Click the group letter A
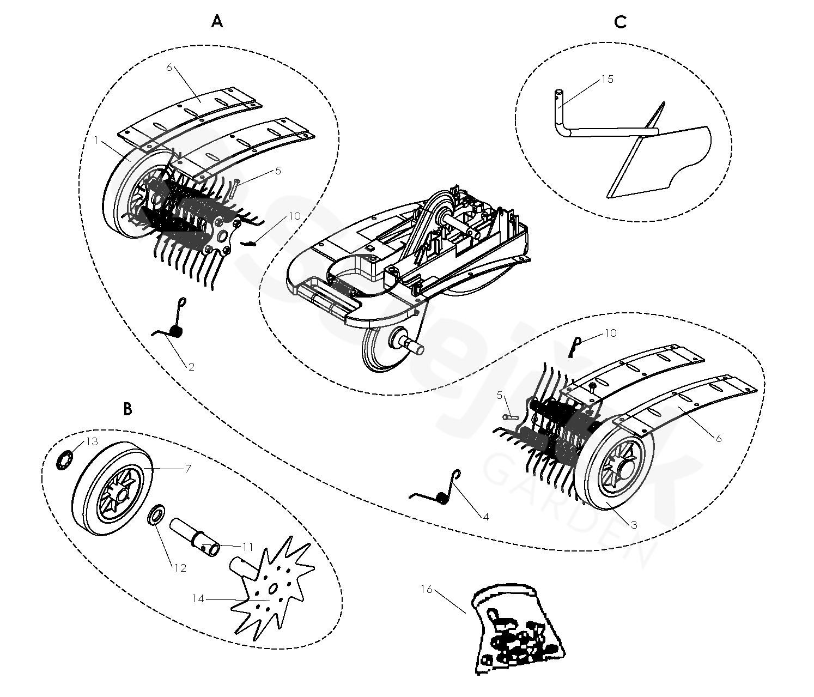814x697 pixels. [x=217, y=22]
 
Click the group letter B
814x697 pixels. [x=127, y=409]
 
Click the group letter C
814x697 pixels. [x=620, y=22]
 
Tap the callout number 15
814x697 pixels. [x=608, y=79]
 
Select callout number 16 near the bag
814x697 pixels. [x=427, y=589]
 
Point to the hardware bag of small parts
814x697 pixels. [x=515, y=629]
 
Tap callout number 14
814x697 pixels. [x=198, y=598]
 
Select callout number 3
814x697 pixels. [x=634, y=525]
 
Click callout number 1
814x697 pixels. [x=96, y=140]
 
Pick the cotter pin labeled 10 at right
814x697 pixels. [x=575, y=347]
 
